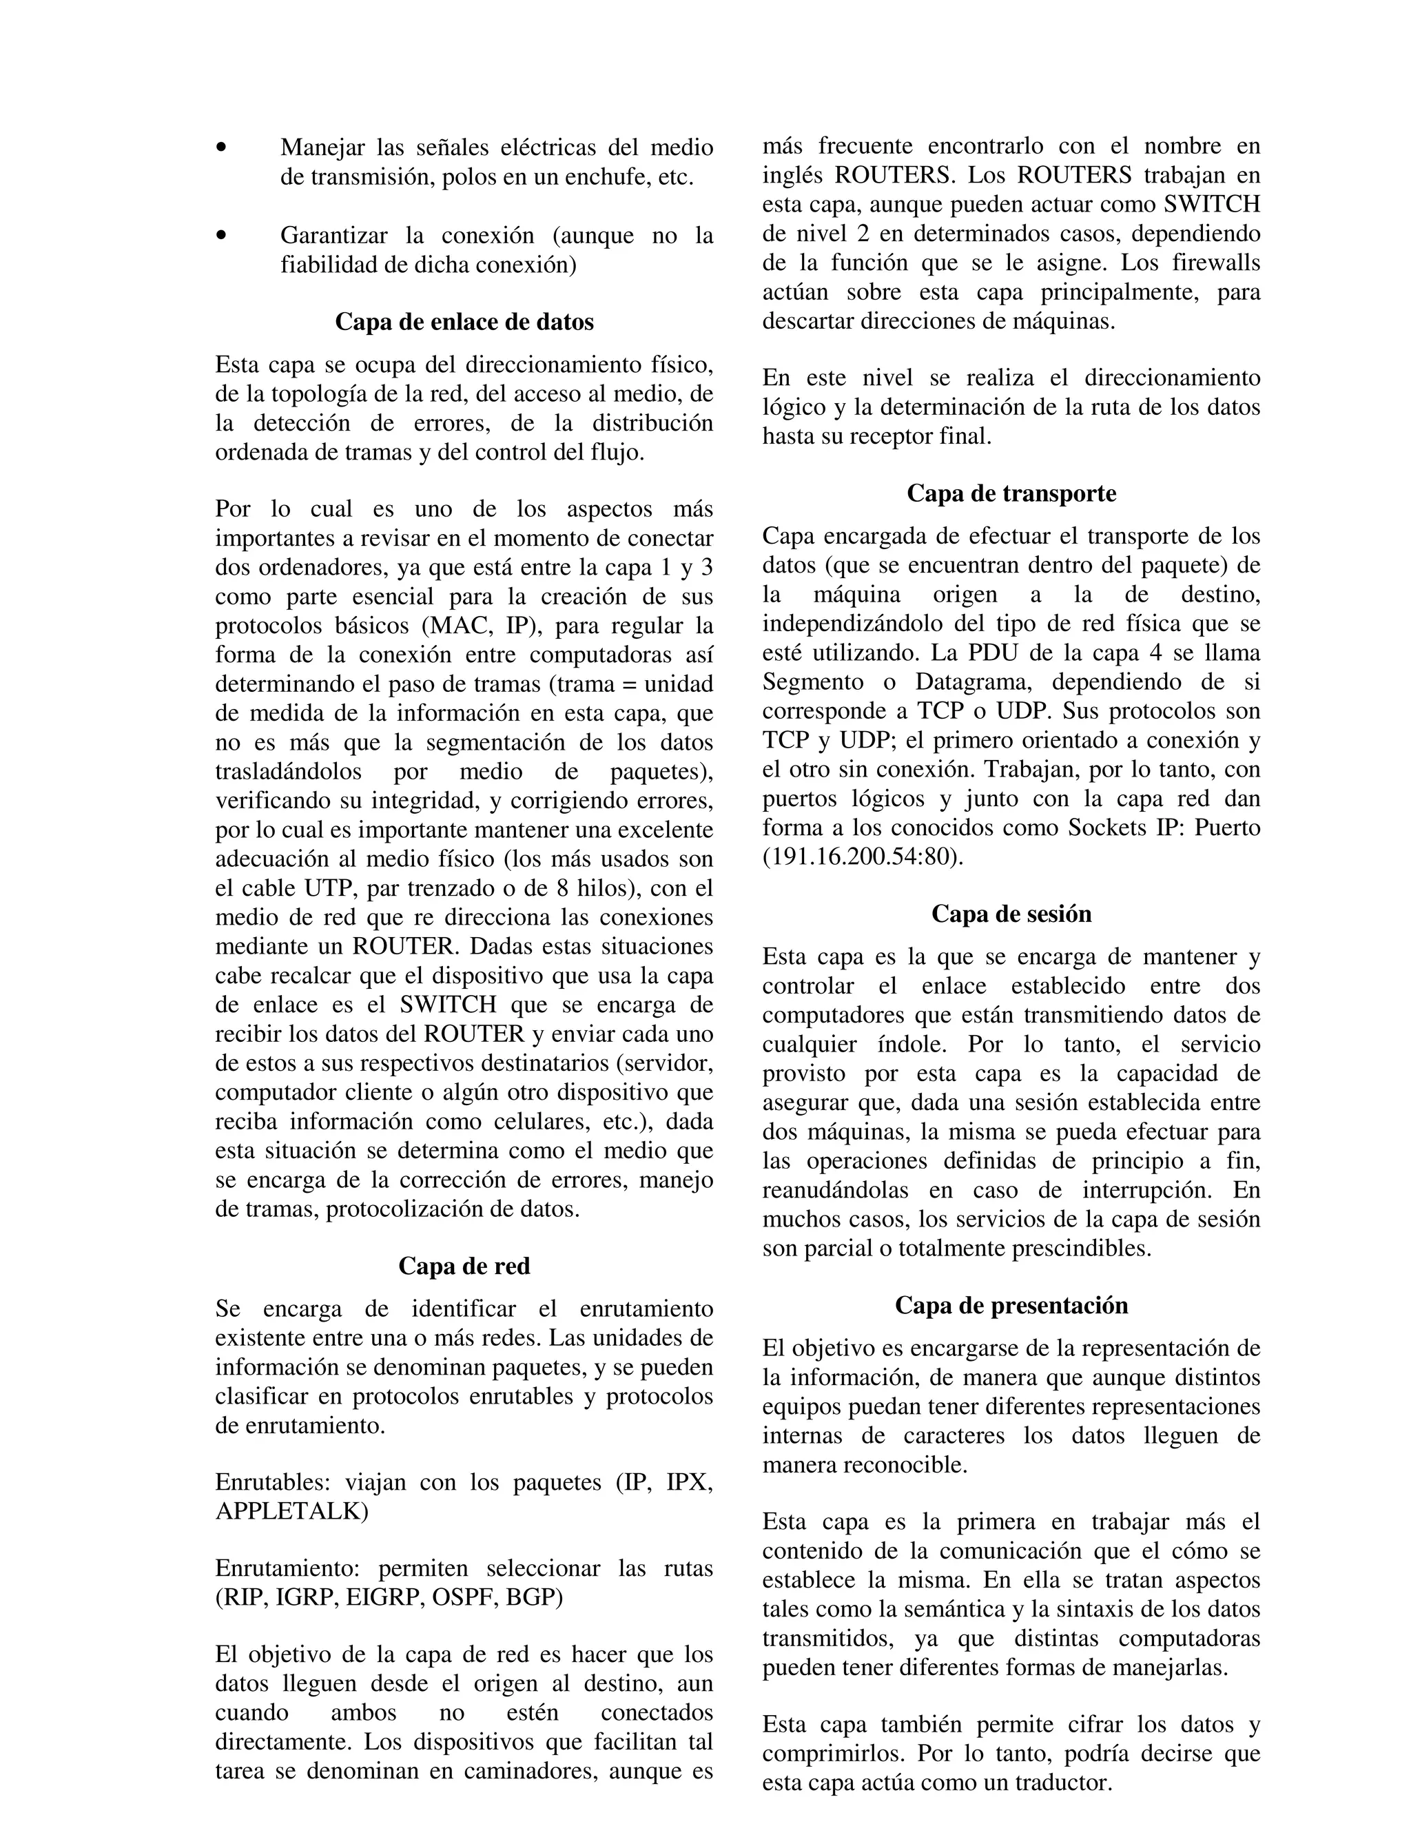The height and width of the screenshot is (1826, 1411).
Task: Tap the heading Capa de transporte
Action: coord(1011,493)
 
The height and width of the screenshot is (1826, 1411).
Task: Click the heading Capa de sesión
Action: coord(1011,914)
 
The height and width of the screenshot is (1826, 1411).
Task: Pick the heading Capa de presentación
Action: coord(1011,1305)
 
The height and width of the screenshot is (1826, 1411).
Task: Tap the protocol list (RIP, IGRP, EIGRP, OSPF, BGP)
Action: coord(389,1597)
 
